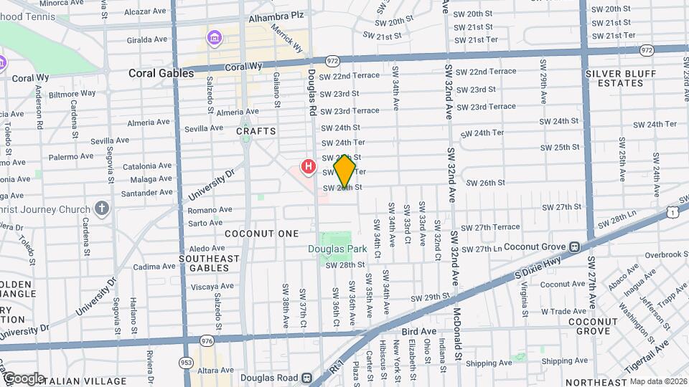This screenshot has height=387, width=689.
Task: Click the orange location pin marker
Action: coord(345,171)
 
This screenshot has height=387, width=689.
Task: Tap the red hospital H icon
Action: coord(309,167)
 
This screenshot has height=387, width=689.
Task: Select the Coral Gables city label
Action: coord(161,73)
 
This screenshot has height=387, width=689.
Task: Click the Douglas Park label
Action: coord(337,249)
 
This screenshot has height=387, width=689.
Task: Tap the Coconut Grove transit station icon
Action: coord(574,247)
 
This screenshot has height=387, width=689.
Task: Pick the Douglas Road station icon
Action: coord(306,377)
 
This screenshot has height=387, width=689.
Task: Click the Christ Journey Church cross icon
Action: coord(102,209)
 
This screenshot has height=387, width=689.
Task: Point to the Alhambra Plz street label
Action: coord(277,16)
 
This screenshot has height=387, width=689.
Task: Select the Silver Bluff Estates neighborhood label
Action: coord(614,78)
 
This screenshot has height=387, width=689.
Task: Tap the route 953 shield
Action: coord(186,362)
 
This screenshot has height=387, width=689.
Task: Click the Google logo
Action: coord(24,378)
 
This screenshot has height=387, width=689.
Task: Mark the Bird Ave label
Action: coord(418,331)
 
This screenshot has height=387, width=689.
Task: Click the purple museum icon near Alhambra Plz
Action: coord(213,37)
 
